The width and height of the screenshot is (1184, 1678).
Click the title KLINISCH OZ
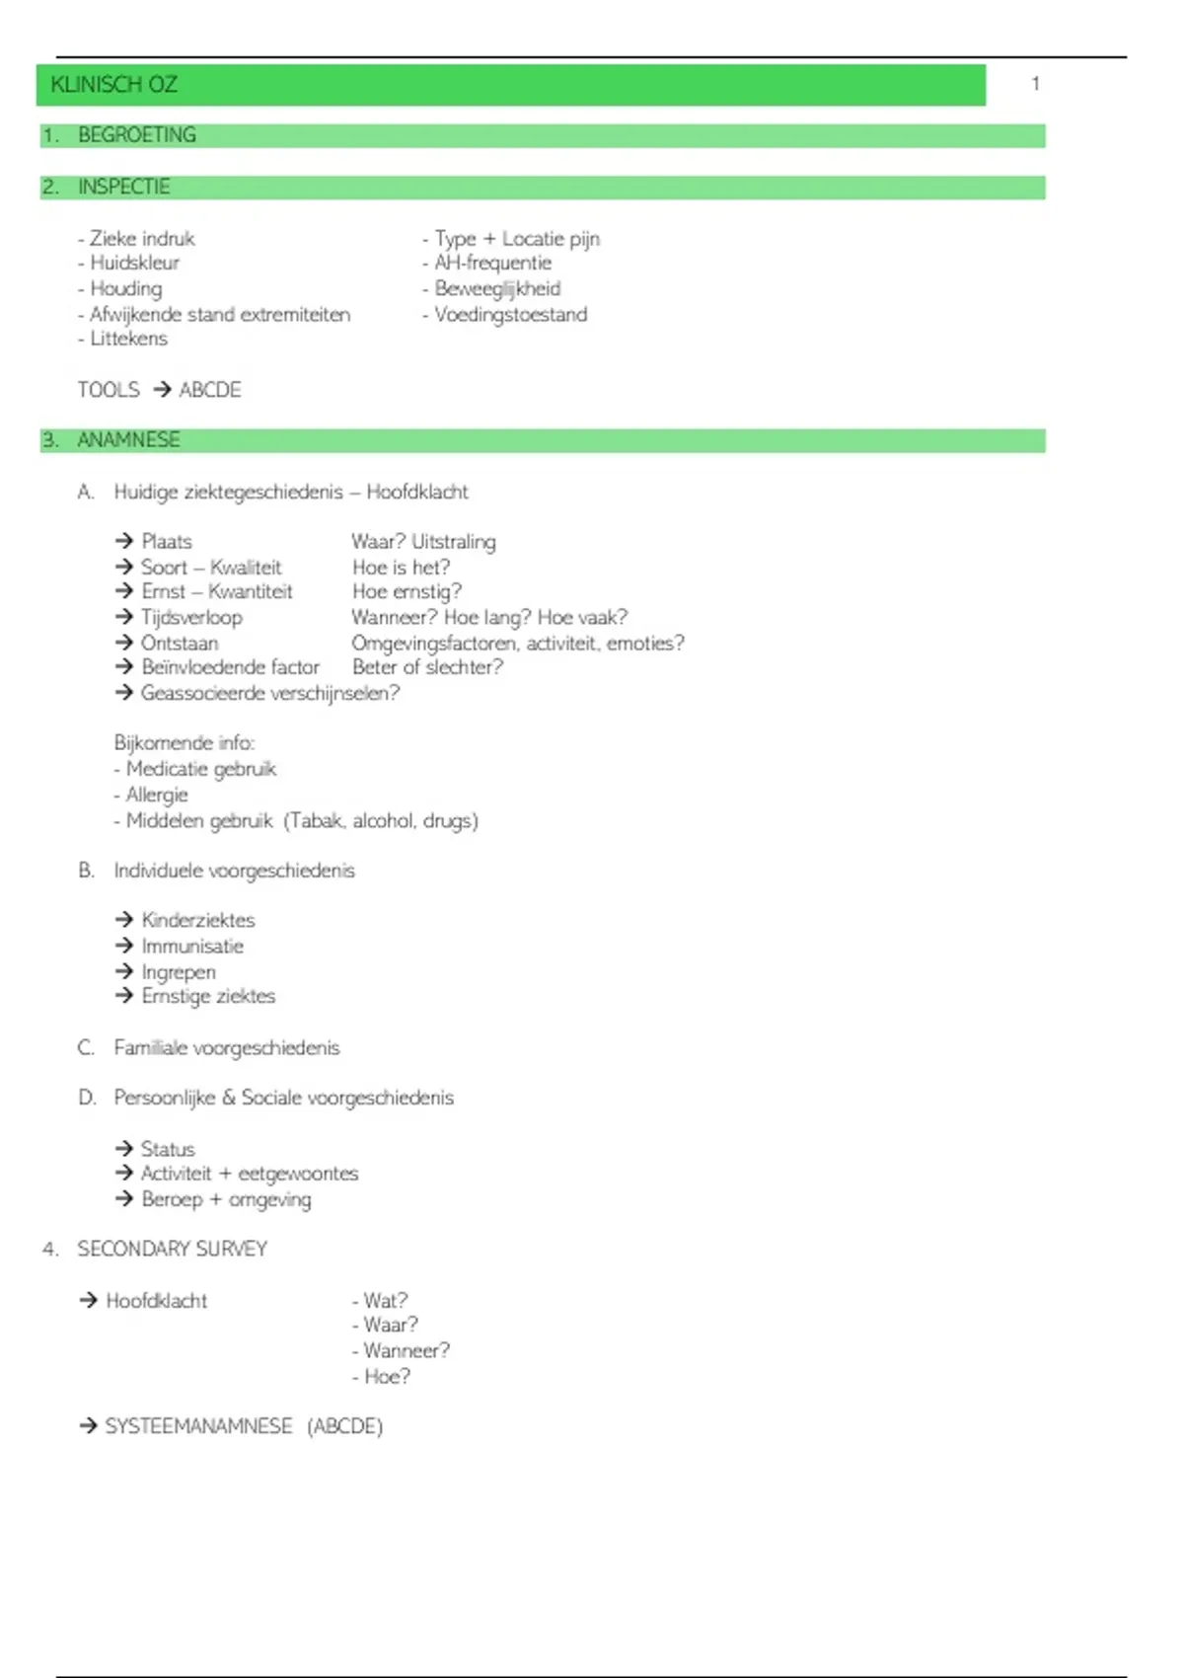113,85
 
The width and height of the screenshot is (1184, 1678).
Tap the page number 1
1035,84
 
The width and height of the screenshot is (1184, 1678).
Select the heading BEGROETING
136,135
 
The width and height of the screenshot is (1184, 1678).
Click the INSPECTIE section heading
123,187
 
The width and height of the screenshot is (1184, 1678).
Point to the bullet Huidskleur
134,263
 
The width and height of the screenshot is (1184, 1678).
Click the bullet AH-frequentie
492,263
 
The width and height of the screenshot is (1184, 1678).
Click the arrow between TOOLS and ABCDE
162,390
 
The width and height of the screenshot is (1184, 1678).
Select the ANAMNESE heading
128,440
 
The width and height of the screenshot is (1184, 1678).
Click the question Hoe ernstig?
407,591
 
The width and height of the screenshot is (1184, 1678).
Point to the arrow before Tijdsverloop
124,617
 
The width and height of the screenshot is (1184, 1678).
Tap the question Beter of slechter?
427,667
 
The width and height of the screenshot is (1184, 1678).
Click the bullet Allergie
156,795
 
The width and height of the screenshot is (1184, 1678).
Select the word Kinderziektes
197,920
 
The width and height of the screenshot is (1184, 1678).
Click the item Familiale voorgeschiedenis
226,1047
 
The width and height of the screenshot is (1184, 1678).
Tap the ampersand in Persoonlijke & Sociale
228,1098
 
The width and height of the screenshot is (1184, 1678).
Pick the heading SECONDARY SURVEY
172,1249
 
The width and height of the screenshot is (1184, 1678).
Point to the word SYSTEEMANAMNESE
198,1426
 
